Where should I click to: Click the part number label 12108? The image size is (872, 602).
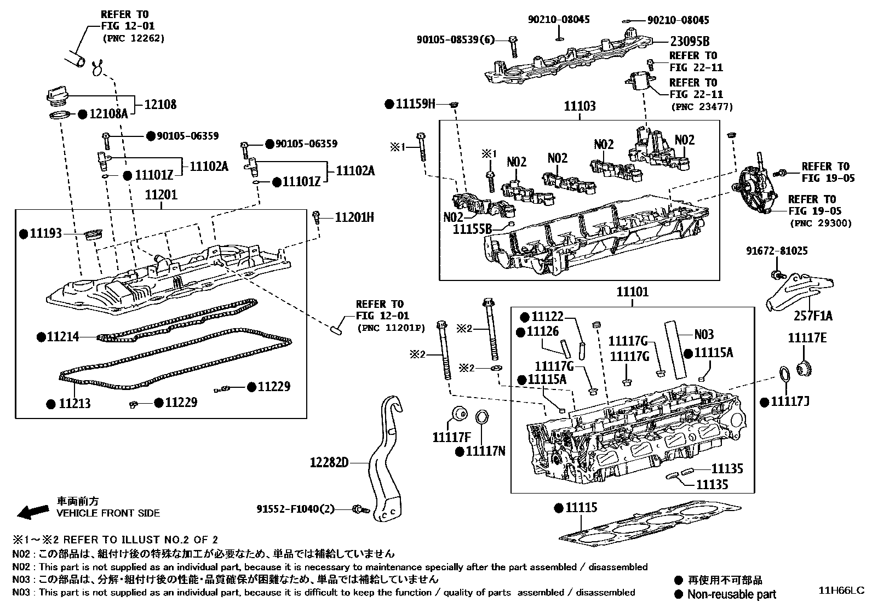click(160, 104)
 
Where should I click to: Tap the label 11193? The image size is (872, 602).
click(46, 234)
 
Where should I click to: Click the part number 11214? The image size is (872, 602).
click(62, 337)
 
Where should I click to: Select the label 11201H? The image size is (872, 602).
click(354, 218)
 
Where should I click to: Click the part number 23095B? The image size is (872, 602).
click(690, 41)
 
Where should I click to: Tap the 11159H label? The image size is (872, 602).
click(416, 104)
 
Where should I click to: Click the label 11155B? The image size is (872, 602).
click(472, 230)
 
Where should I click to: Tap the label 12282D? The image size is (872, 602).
click(329, 463)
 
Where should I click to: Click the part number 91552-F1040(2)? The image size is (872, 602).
click(295, 509)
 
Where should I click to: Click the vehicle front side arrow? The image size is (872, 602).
click(32, 512)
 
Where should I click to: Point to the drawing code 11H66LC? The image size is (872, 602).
click(841, 590)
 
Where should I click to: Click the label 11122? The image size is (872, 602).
click(547, 317)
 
